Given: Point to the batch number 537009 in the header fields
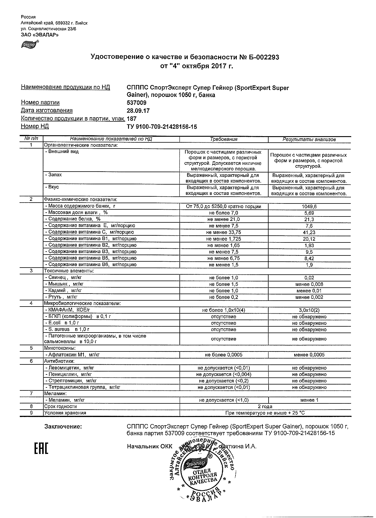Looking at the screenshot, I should coord(136,103).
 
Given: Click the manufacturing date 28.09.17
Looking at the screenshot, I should coord(138,111).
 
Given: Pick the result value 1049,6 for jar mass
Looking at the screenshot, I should coord(309,207).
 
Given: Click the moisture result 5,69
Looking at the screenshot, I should coord(309,213).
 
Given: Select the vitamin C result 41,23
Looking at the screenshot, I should coord(309,232).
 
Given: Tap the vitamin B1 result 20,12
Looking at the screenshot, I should coord(309,239).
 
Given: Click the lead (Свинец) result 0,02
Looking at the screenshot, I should coord(309,278).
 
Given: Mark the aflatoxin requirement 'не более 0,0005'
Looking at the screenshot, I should coord(223,355).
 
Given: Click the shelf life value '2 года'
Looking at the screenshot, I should coord(265,407).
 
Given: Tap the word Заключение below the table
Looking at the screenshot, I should coord(63,426).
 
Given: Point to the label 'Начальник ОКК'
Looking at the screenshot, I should coord(149,447).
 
